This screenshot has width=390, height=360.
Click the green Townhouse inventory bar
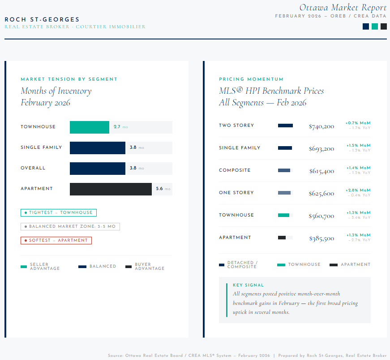pos(90,127)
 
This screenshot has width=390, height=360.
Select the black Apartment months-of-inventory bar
pos(111,189)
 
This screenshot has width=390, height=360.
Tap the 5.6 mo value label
pos(163,189)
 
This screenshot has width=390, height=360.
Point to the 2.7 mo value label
pos(121,127)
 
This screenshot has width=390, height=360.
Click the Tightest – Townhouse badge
pos(59,213)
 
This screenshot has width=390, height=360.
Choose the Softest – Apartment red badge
pos(56,240)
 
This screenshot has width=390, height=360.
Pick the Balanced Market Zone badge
pos(70,226)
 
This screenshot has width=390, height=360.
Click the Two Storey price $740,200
pos(321,126)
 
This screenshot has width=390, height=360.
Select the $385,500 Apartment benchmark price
pos(321,239)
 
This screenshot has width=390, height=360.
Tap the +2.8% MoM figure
pos(358,190)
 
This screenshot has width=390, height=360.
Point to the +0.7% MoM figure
pos(358,123)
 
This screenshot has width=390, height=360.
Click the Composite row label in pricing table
pos(235,170)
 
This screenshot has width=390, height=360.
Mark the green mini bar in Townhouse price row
pos(283,215)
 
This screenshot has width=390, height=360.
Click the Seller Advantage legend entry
pos(40,266)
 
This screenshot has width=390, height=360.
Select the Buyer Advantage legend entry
pos(145,266)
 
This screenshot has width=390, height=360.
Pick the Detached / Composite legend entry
pos(238,265)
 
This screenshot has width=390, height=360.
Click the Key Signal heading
pos(248,285)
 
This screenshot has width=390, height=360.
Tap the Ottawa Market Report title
pos(343,8)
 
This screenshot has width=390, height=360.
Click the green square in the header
pos(375,26)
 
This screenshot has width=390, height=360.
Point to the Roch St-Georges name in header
pos(42,19)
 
